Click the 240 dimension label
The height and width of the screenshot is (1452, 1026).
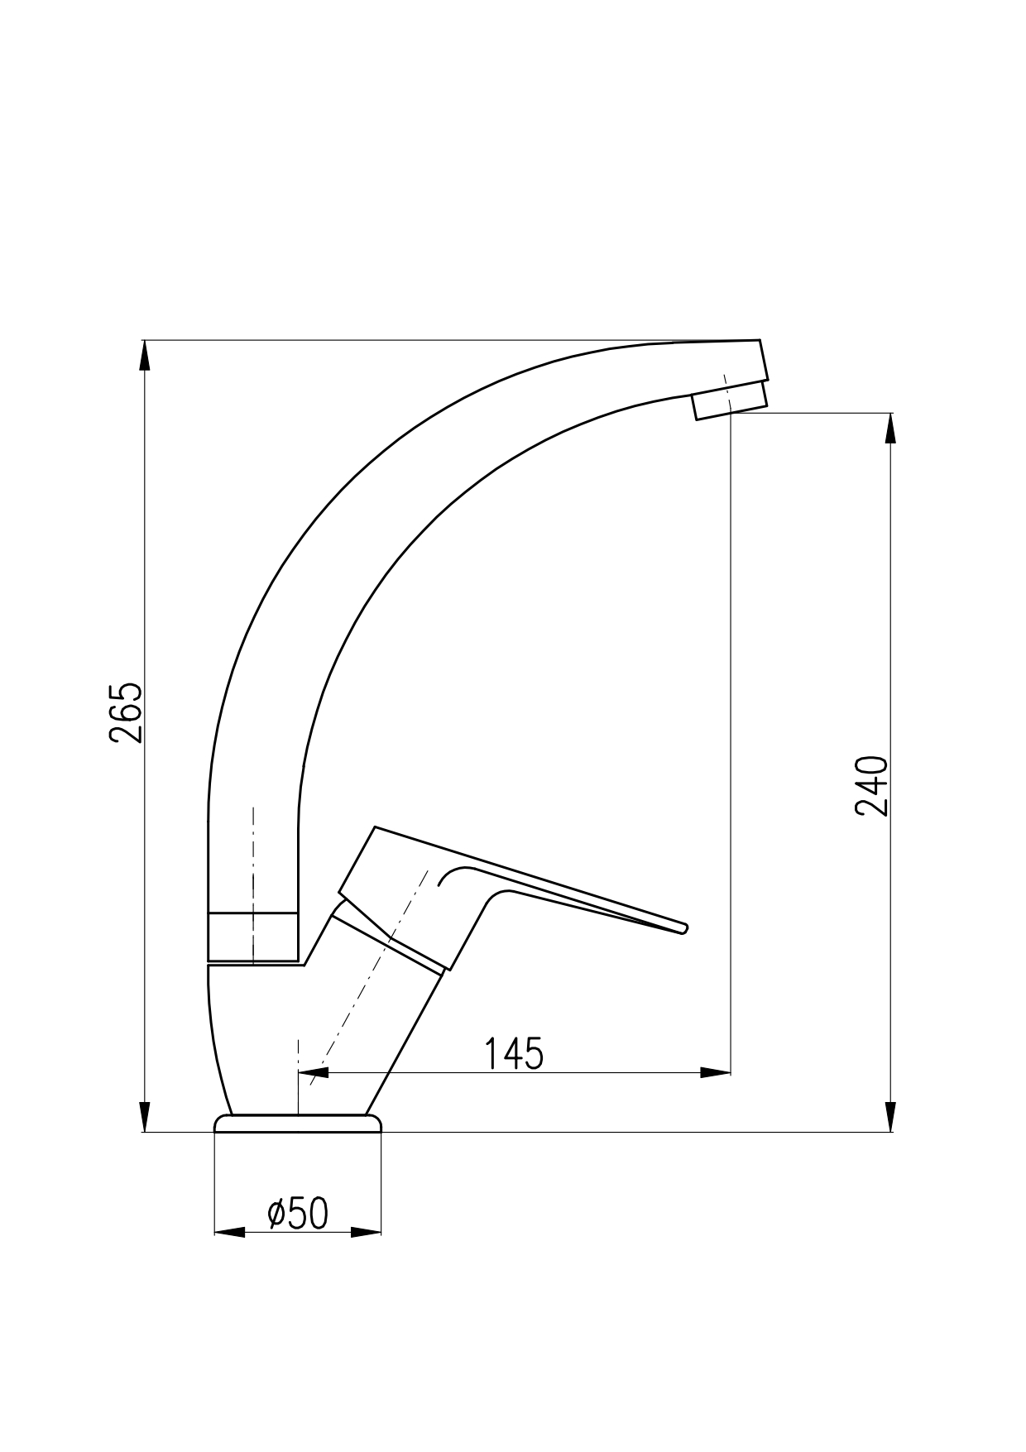tap(872, 785)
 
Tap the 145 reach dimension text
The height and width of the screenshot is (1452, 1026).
tap(513, 1053)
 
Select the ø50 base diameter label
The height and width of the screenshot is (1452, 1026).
tap(298, 1213)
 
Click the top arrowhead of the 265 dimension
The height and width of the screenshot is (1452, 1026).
tap(145, 356)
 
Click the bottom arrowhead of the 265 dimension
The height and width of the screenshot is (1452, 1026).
tap(145, 1116)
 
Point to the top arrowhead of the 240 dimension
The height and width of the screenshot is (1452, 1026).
tap(890, 429)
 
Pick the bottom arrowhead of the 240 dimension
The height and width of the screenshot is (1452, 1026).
tap(890, 1116)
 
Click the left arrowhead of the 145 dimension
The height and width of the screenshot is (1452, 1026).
tap(314, 1073)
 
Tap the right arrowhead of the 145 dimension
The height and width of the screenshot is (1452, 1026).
tap(716, 1073)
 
